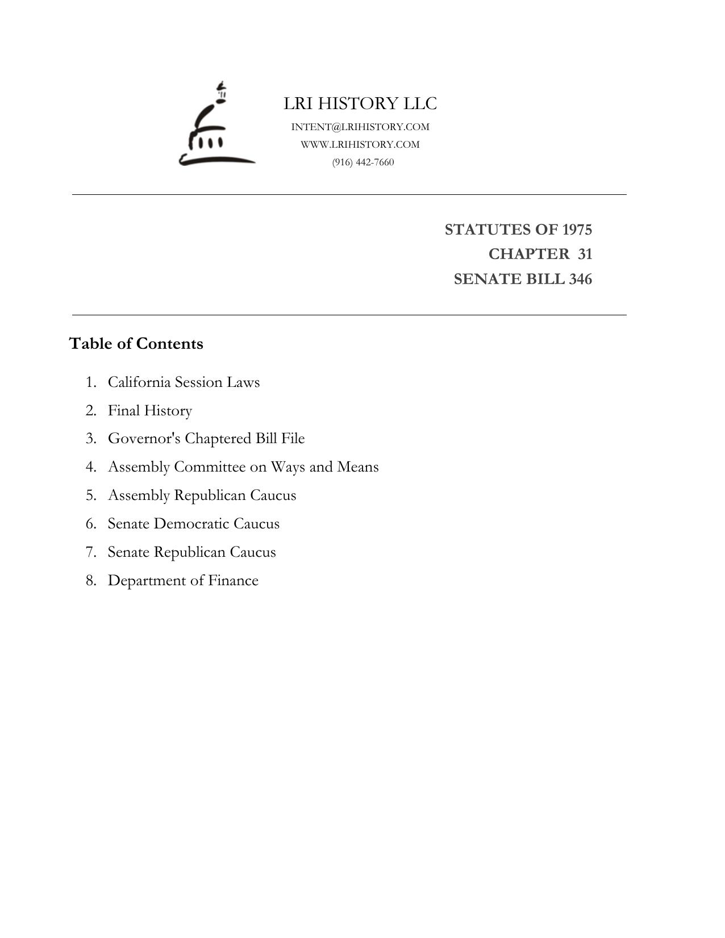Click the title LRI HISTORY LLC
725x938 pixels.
point(360,103)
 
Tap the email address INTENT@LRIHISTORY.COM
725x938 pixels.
point(360,127)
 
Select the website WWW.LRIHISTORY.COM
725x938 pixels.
point(360,144)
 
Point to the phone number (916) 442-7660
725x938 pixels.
point(363,162)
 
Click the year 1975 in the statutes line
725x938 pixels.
point(577,230)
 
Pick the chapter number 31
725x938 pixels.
point(585,254)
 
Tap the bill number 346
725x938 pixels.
point(580,279)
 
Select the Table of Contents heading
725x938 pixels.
point(136,344)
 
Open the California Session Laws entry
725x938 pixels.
point(184,382)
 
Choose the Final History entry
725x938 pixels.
point(150,410)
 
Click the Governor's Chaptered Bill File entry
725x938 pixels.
point(206,439)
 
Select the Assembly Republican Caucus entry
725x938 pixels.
point(202,495)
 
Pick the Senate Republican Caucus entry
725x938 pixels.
point(191,552)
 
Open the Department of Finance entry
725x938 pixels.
point(183,581)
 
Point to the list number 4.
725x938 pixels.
point(91,467)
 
